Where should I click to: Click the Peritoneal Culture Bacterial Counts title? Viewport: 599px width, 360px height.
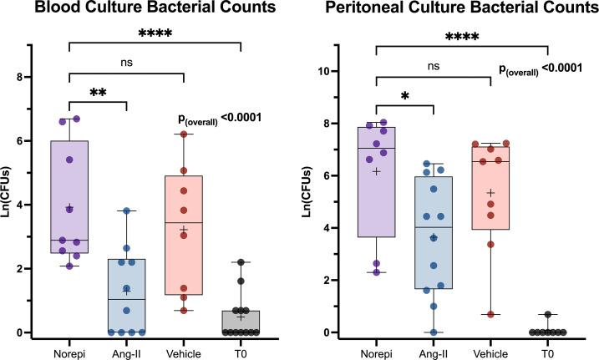452,11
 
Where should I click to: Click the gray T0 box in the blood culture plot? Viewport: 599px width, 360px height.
240,321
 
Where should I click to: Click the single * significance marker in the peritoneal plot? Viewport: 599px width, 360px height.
404,99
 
